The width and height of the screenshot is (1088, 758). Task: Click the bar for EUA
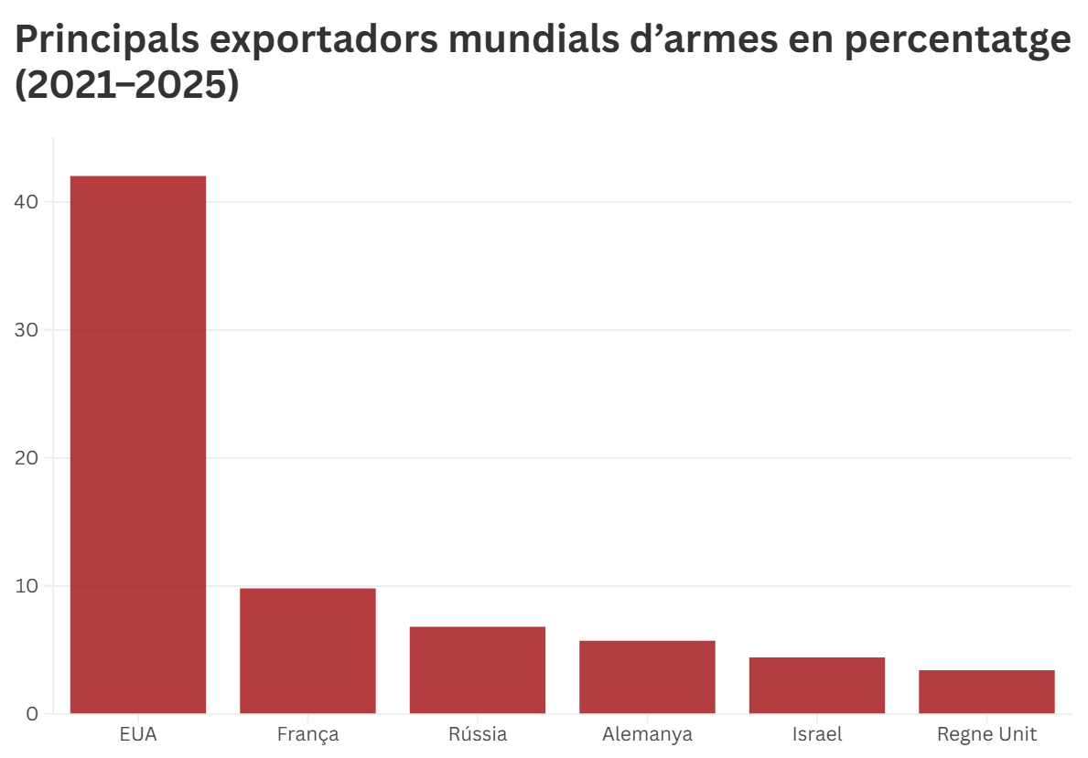[138, 444]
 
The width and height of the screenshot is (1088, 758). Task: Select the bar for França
[307, 651]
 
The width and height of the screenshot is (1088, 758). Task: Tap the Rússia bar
[478, 670]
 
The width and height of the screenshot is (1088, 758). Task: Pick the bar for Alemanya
[647, 678]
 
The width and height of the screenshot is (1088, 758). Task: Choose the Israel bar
[817, 686]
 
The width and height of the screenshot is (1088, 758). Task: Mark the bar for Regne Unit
[986, 692]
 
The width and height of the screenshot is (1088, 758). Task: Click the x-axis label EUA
[138, 734]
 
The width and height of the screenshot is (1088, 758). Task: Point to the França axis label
[307, 734]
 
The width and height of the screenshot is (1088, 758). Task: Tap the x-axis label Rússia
[478, 734]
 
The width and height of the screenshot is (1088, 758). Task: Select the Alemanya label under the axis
[647, 734]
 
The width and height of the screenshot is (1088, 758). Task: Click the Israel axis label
[817, 734]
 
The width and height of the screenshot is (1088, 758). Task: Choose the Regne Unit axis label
[986, 734]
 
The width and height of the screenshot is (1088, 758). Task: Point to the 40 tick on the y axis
[27, 202]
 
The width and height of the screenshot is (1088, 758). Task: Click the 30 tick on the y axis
[27, 330]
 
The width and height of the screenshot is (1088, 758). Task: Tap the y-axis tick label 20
[27, 458]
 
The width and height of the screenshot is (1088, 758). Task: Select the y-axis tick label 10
[27, 586]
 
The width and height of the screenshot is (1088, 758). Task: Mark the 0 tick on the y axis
[32, 714]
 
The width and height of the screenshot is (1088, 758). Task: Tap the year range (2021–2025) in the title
[127, 85]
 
